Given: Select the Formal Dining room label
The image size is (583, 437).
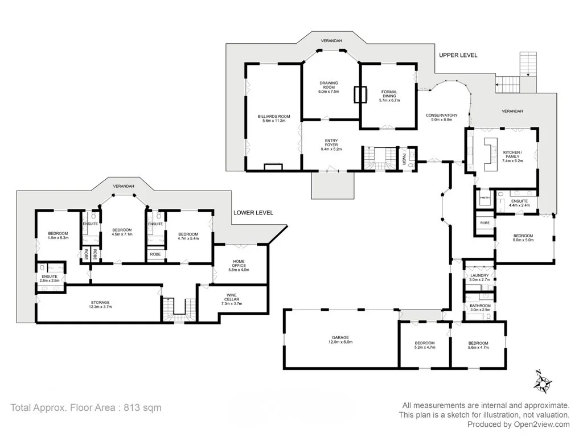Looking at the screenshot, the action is [389, 92].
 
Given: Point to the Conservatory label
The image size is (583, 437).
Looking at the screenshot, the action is [441, 116].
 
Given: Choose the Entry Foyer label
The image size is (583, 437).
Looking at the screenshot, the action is [331, 141].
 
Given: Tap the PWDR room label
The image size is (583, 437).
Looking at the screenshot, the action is [404, 155].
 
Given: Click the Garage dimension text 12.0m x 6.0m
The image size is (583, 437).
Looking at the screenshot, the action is [340, 342].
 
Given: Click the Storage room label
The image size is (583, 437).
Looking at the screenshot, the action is [100, 302].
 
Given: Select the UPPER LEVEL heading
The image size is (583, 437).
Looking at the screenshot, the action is [458, 55].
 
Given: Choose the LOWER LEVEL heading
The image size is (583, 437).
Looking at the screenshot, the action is [253, 213].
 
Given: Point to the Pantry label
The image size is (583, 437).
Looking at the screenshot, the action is [485, 197].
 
